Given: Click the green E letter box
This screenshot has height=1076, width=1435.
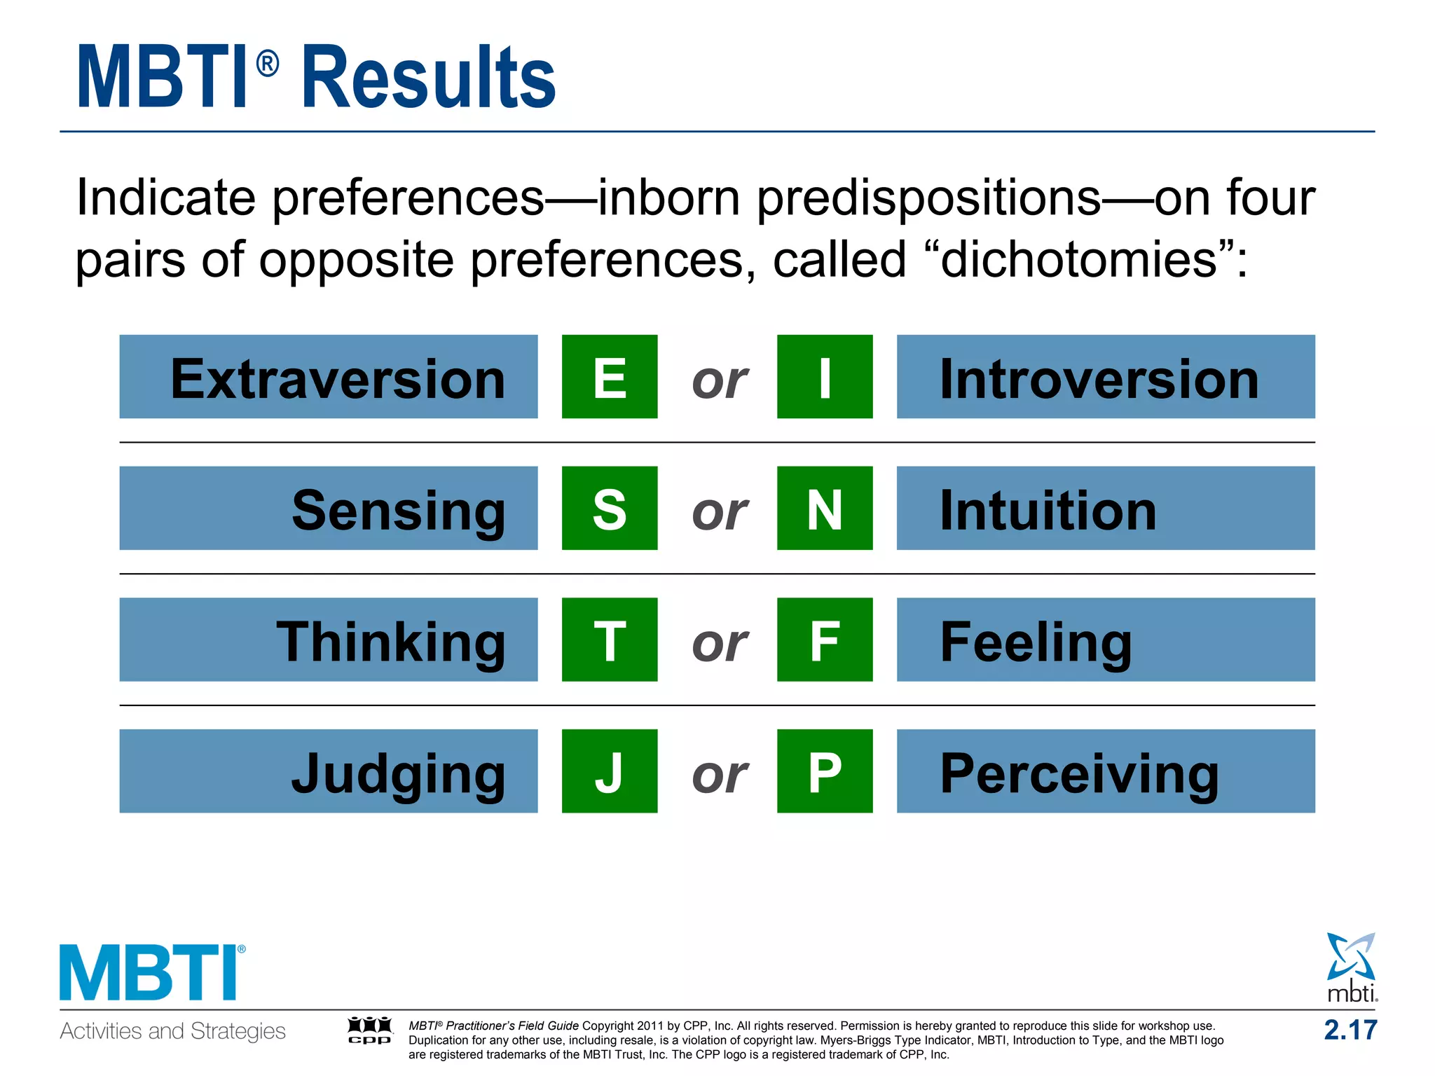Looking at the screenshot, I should coord(609,377).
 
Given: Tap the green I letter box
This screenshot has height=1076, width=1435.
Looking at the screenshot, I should coord(825,377).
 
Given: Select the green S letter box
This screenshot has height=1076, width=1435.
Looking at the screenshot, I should coord(609,509).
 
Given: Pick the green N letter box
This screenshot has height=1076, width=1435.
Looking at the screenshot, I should coord(825,509).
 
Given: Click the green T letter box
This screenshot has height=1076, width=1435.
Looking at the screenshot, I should coord(609,640).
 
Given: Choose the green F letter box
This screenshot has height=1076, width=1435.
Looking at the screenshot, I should coord(825,640).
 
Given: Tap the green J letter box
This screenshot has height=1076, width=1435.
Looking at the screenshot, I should coord(609,771).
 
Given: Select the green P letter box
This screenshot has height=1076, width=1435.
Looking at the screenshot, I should coord(825,771).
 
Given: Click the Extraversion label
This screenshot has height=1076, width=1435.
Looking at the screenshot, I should coord(337,379).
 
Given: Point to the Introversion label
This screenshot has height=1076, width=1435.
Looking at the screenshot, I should coord(1099,379).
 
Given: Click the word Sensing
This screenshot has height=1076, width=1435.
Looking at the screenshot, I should coord(398,511).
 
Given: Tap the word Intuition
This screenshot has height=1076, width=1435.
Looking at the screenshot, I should coord(1048,511).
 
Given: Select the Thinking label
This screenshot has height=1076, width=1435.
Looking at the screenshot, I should coord(390,642).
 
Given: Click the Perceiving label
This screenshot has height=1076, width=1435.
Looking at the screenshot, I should coord(1079,773).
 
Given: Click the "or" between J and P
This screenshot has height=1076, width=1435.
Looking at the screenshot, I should coord(720,775).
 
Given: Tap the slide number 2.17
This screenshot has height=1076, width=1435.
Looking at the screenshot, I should coord(1350,1030).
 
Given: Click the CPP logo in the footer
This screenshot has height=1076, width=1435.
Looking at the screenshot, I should coord(370,1030).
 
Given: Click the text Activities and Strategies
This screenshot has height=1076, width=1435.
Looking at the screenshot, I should coord(172,1031).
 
